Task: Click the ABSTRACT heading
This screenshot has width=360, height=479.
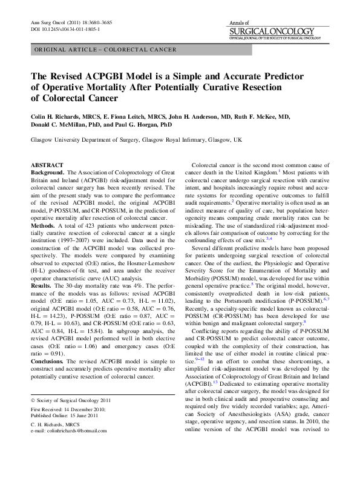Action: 47,165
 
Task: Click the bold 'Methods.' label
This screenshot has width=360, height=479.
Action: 44,225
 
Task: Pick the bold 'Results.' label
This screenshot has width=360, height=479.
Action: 42,284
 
